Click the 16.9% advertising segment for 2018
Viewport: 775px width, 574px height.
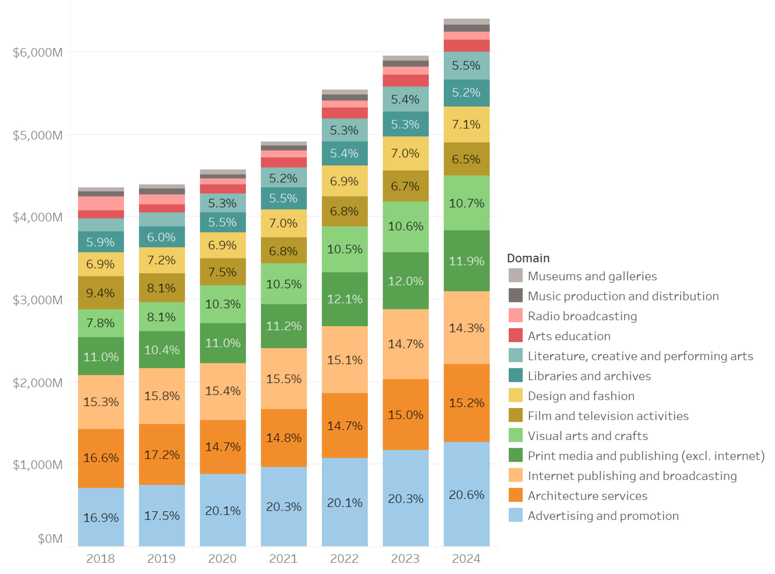101,517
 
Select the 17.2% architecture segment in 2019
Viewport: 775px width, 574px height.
162,454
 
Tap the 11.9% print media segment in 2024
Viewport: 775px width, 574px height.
467,261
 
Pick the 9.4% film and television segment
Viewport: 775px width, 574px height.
101,293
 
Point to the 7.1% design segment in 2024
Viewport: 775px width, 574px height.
467,124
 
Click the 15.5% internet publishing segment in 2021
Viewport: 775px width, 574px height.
283,378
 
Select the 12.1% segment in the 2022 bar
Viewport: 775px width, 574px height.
344,299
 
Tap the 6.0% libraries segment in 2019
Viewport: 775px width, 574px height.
162,237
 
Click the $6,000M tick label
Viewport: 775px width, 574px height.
38,53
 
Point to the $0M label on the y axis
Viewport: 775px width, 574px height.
50,539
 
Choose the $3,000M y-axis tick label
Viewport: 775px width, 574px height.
38,300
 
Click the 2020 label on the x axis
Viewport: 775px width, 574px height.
222,558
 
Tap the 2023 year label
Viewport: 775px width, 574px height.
405,558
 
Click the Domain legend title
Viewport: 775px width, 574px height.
528,258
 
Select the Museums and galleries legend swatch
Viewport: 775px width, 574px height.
515,276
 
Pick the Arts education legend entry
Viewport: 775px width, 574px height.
569,336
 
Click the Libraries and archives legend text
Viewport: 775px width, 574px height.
589,376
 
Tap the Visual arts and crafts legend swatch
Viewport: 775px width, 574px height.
515,436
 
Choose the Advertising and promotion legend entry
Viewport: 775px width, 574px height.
603,516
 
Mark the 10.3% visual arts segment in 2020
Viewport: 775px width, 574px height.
223,304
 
